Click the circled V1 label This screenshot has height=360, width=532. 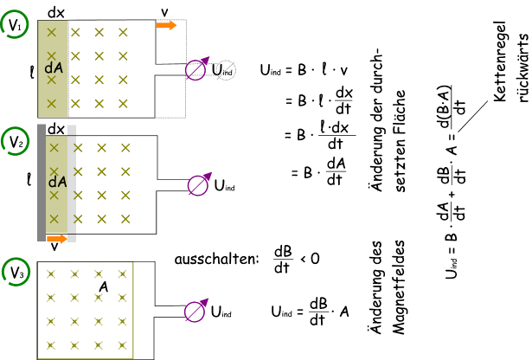tap(15, 27)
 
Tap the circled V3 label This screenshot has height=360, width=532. tap(15, 272)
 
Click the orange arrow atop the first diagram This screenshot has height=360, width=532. tap(167, 25)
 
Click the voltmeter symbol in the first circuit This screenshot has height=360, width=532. tap(197, 68)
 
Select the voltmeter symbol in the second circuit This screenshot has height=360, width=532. tap(197, 183)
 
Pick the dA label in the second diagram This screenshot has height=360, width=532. tap(57, 183)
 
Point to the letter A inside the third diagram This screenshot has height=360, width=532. tap(103, 286)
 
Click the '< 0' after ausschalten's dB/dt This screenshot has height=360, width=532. tap(310, 258)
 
